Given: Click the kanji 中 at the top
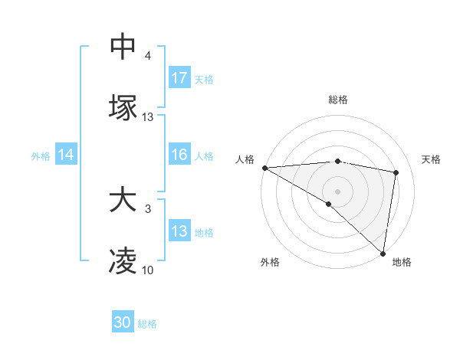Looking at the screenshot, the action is (x=123, y=46).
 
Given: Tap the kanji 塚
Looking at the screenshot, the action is (x=123, y=107).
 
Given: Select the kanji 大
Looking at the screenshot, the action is (x=123, y=201).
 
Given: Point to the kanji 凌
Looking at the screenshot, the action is (x=123, y=262).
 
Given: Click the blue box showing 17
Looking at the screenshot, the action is (x=179, y=78).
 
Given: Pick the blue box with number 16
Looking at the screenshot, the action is (x=179, y=155).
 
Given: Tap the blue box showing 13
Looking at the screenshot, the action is (x=179, y=231).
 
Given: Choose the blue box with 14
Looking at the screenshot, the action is (x=66, y=155).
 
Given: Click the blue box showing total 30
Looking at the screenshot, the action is (x=123, y=323).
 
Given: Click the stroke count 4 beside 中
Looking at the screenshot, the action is (x=147, y=56).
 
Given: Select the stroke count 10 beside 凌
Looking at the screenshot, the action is (x=148, y=270).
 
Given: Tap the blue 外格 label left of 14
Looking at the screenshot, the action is (x=41, y=155).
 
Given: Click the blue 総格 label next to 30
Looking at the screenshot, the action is (x=147, y=324).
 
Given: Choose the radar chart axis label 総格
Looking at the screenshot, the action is (x=338, y=100).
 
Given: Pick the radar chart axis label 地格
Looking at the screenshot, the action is (x=402, y=262).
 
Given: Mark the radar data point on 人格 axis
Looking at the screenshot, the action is (x=264, y=168).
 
